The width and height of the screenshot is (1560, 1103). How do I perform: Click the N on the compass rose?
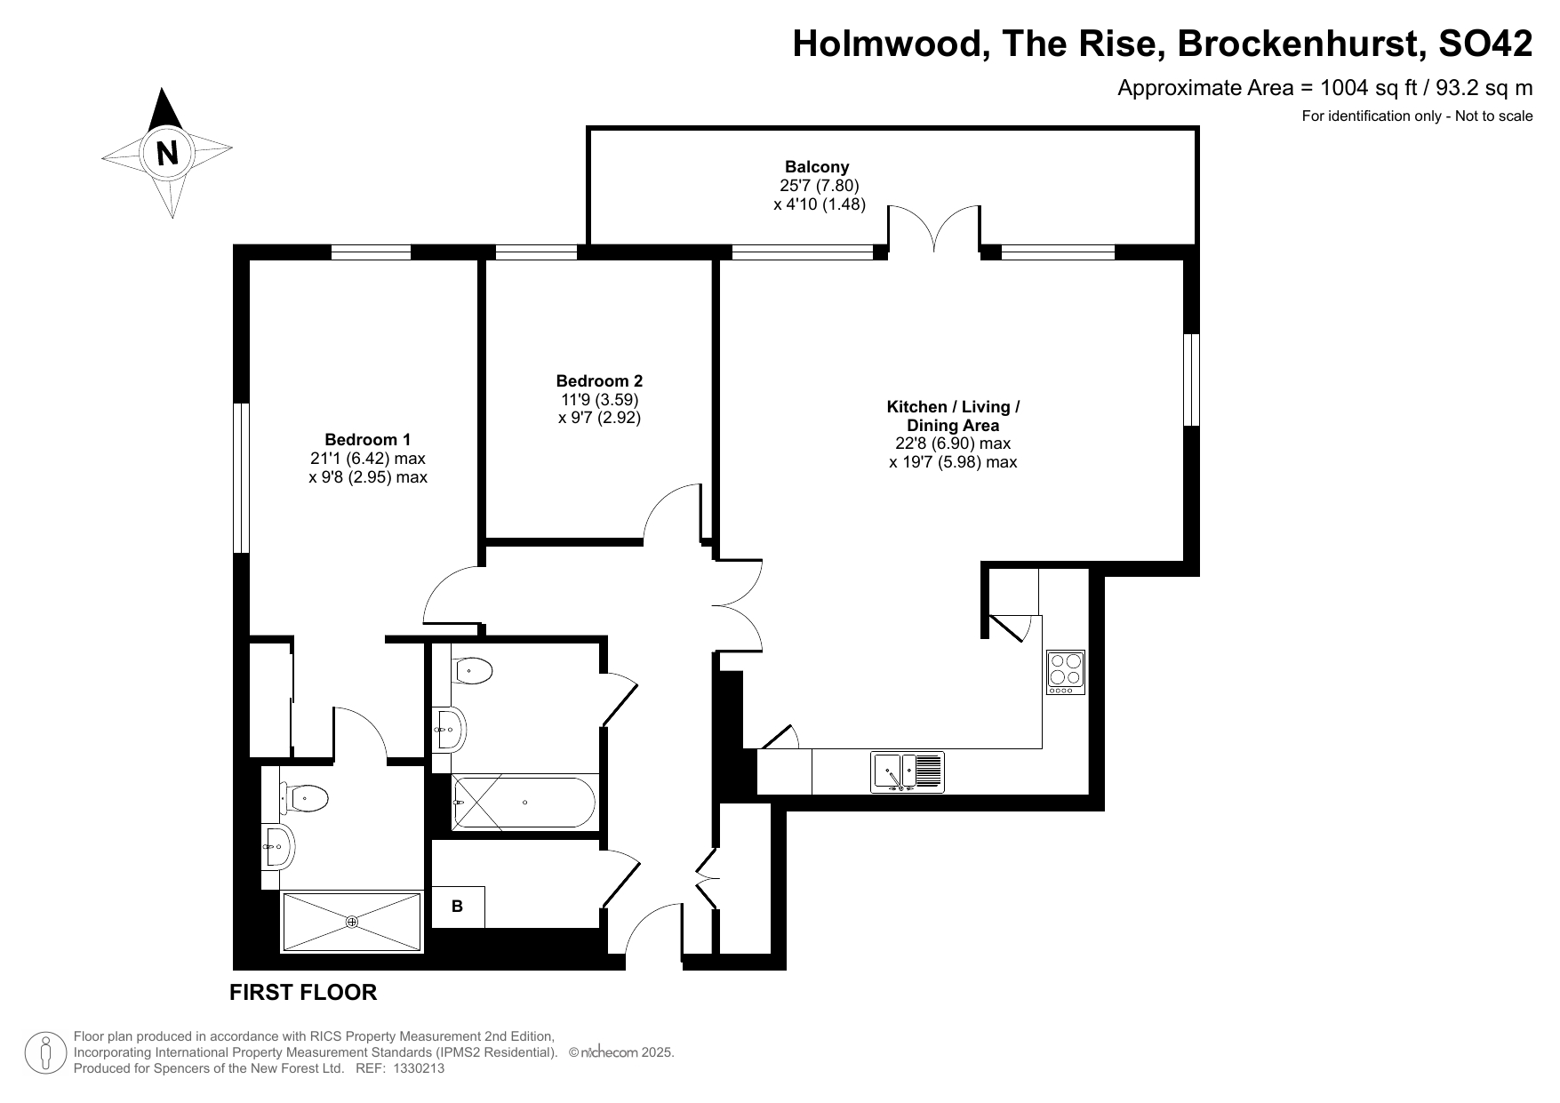click(167, 153)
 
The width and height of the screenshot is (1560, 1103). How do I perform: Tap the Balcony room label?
click(817, 166)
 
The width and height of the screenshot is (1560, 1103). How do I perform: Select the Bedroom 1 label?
click(368, 439)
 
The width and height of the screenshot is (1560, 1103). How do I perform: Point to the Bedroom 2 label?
click(599, 380)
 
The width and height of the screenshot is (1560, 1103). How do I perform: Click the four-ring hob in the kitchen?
click(1066, 673)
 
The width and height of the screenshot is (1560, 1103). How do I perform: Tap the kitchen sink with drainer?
click(908, 772)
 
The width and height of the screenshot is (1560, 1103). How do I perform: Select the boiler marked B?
click(458, 907)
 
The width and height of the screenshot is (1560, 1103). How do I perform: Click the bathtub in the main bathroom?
click(524, 803)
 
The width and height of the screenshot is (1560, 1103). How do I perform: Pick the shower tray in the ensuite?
click(352, 923)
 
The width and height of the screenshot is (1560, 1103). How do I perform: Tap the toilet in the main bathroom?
click(473, 671)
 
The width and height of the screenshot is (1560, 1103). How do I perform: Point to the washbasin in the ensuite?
click(277, 846)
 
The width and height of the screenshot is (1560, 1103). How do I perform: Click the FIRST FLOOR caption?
click(303, 992)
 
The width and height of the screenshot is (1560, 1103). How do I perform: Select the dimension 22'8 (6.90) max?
click(953, 443)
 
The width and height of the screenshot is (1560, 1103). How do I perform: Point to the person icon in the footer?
click(45, 1053)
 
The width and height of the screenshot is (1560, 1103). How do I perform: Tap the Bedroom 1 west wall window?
click(241, 478)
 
